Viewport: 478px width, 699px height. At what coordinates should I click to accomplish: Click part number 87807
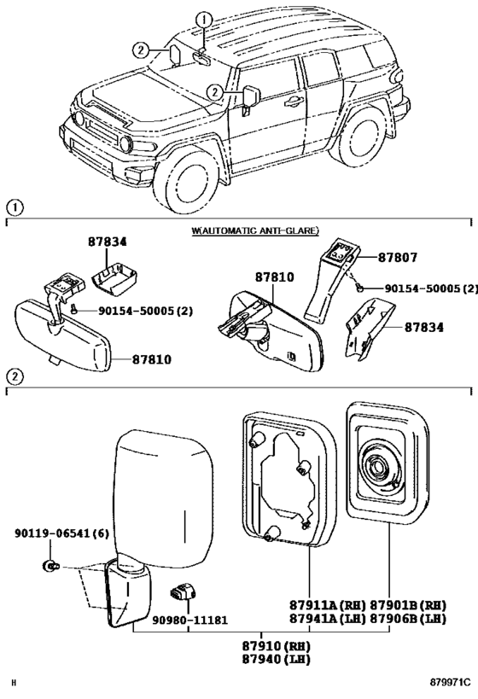[398, 258]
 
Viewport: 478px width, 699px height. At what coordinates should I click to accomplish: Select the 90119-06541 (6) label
[61, 533]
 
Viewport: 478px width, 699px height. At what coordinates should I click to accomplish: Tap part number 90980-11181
[190, 620]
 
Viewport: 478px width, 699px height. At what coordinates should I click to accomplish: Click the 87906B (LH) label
[408, 618]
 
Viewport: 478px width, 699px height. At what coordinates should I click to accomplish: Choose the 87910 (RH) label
[277, 646]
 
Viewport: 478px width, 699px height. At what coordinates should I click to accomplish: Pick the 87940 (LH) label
[277, 660]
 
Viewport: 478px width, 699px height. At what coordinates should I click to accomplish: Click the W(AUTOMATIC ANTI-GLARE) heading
[255, 230]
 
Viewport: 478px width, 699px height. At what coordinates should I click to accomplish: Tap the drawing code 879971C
[451, 683]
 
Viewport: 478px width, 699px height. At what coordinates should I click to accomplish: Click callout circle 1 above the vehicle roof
[204, 20]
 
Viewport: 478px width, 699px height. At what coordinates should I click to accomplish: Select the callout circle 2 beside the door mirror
[215, 92]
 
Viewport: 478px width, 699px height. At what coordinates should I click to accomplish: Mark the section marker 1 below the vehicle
[15, 207]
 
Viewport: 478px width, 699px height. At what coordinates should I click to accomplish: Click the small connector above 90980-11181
[182, 591]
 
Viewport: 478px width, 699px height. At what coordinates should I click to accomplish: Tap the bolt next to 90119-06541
[50, 566]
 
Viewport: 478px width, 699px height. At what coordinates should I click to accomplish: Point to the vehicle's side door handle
[293, 102]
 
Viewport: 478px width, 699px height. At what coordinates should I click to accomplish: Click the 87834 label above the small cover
[107, 242]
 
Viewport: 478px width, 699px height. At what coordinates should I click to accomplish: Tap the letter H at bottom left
[14, 683]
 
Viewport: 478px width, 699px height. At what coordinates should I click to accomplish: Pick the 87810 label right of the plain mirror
[152, 358]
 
